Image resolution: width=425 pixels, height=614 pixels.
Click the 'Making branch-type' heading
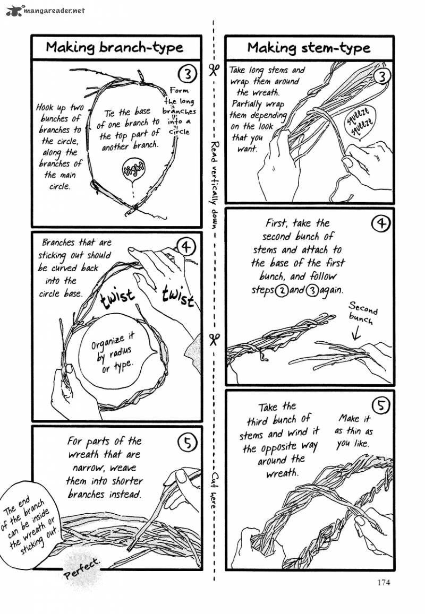(x=114, y=48)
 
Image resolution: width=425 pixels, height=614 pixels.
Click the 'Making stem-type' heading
(x=309, y=48)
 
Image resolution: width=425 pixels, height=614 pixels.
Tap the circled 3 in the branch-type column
(x=188, y=73)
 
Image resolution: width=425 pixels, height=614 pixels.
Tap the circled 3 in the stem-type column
(x=381, y=76)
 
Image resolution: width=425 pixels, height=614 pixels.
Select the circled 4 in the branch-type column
(x=186, y=247)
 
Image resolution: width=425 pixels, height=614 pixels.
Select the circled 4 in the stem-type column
(x=380, y=223)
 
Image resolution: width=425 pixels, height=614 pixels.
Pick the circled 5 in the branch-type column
(x=187, y=443)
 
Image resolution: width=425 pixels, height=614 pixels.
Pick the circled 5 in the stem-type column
(x=381, y=405)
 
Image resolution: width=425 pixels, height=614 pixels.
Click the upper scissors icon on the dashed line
(x=214, y=71)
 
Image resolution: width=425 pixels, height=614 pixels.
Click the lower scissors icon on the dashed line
(x=214, y=339)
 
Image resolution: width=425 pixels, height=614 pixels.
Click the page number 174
(x=384, y=582)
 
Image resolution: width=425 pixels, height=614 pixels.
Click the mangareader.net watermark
(x=46, y=10)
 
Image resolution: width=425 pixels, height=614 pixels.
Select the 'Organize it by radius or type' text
(x=113, y=352)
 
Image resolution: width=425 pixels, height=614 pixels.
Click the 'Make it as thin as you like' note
(x=353, y=431)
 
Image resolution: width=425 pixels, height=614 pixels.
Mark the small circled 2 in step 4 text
(x=281, y=291)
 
